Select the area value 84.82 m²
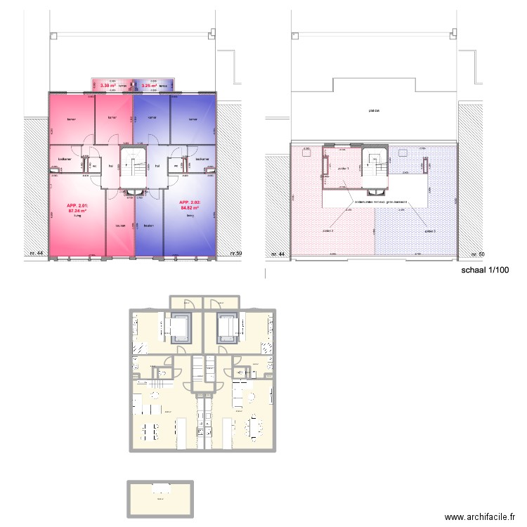click(190, 209)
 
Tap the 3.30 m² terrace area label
click(108, 86)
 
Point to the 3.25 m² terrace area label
click(149, 86)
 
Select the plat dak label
click(372, 110)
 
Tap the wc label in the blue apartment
click(176, 166)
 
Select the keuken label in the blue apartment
click(148, 226)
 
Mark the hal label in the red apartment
click(111, 166)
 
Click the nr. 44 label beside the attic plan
click(278, 254)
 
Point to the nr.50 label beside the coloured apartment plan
click(236, 253)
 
